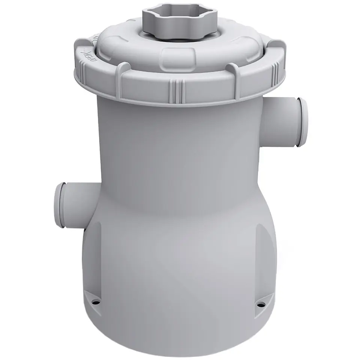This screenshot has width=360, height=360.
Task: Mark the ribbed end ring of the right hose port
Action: click(x=301, y=122)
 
